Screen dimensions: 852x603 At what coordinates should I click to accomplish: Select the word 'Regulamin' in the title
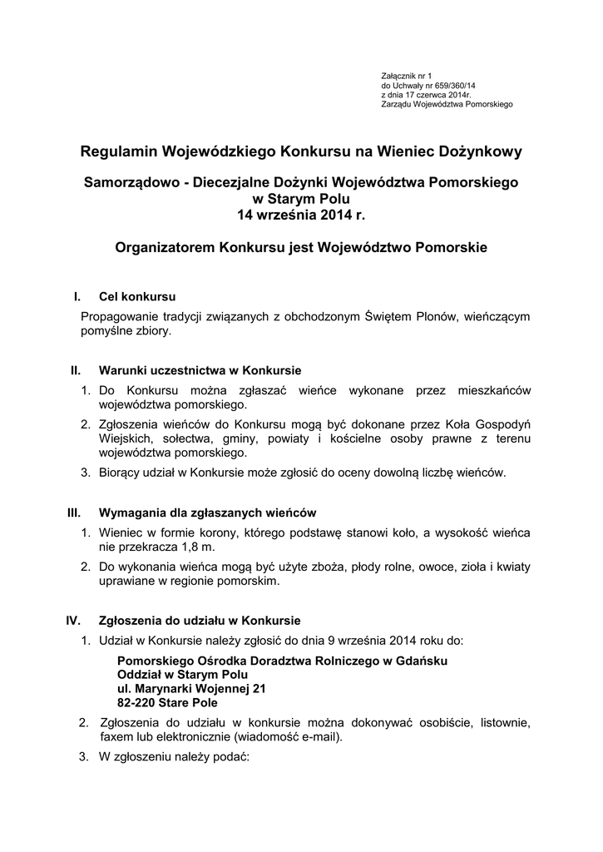point(120,151)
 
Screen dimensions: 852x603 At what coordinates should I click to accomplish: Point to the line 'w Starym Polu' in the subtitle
point(301,198)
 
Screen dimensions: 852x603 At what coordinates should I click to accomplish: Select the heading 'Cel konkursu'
point(136,296)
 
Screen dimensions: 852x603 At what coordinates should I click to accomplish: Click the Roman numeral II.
point(75,369)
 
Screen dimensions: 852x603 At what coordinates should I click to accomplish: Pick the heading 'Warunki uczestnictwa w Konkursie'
point(200,369)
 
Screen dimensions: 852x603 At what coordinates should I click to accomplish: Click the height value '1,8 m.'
point(198,547)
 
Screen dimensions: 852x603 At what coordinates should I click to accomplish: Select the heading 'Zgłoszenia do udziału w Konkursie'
point(200,620)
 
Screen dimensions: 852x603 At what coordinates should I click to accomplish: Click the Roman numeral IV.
point(73,620)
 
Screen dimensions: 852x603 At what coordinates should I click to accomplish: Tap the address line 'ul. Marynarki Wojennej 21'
point(191,689)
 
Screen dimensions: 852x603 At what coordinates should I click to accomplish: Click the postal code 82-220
point(140,703)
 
